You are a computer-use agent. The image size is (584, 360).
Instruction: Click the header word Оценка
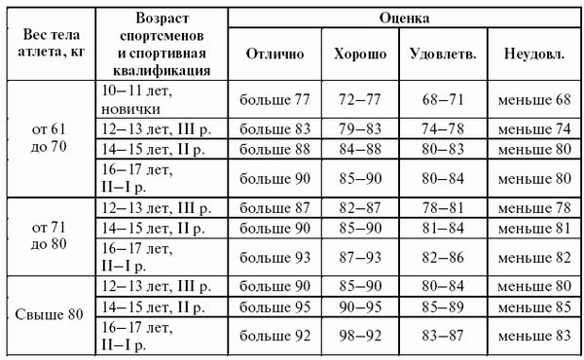[x=407, y=18]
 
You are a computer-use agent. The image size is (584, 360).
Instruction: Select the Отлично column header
[x=275, y=54]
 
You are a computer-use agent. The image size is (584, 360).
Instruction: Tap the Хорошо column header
[x=359, y=54]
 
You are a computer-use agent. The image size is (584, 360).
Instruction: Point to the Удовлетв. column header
[x=443, y=54]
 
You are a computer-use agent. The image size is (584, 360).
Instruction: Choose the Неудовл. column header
[x=534, y=54]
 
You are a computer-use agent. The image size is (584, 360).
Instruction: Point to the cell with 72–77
[x=359, y=99]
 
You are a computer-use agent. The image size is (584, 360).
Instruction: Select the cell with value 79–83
[x=359, y=128]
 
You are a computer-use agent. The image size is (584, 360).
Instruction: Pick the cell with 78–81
[x=443, y=207]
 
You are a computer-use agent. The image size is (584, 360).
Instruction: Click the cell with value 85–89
[x=443, y=306]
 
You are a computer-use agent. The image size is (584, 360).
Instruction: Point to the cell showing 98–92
[x=359, y=336]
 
